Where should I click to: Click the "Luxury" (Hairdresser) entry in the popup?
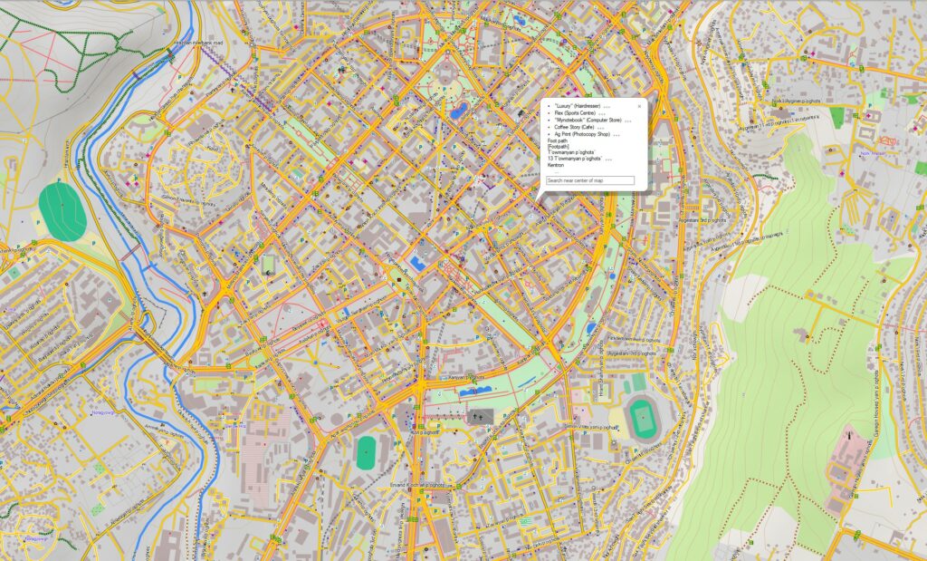(577, 106)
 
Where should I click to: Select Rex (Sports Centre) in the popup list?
(574, 113)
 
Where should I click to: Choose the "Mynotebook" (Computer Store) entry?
(588, 121)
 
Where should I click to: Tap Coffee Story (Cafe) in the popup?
(574, 128)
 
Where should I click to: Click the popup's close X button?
(639, 106)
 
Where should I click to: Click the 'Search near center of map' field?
(590, 181)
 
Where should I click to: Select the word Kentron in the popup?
(556, 165)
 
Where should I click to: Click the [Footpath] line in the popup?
(558, 146)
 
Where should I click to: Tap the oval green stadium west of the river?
(62, 211)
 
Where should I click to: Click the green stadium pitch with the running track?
(644, 418)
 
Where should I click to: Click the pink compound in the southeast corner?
(846, 462)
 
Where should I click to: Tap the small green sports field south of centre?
(366, 450)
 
